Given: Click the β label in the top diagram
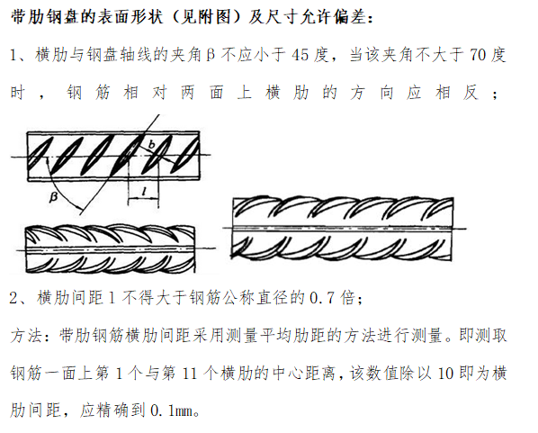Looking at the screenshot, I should [54, 195].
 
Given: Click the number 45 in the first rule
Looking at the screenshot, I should [302, 56].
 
